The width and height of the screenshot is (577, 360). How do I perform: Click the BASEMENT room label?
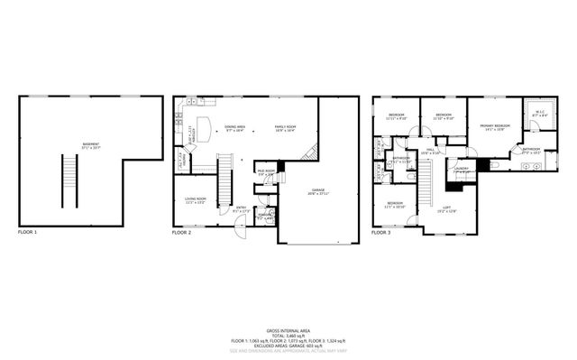[91, 144]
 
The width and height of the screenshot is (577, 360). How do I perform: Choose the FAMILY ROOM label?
[287, 128]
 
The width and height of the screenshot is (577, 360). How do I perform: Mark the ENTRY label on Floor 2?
[242, 209]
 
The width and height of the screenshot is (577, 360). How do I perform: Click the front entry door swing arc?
[236, 229]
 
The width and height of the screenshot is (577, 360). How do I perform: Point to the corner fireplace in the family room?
[311, 152]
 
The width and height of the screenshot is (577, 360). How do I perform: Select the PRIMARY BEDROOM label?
[492, 126]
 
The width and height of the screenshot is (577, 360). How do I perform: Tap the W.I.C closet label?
[539, 115]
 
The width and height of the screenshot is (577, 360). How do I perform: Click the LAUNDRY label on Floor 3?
[462, 169]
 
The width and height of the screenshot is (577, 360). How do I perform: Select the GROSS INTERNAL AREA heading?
[288, 330]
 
